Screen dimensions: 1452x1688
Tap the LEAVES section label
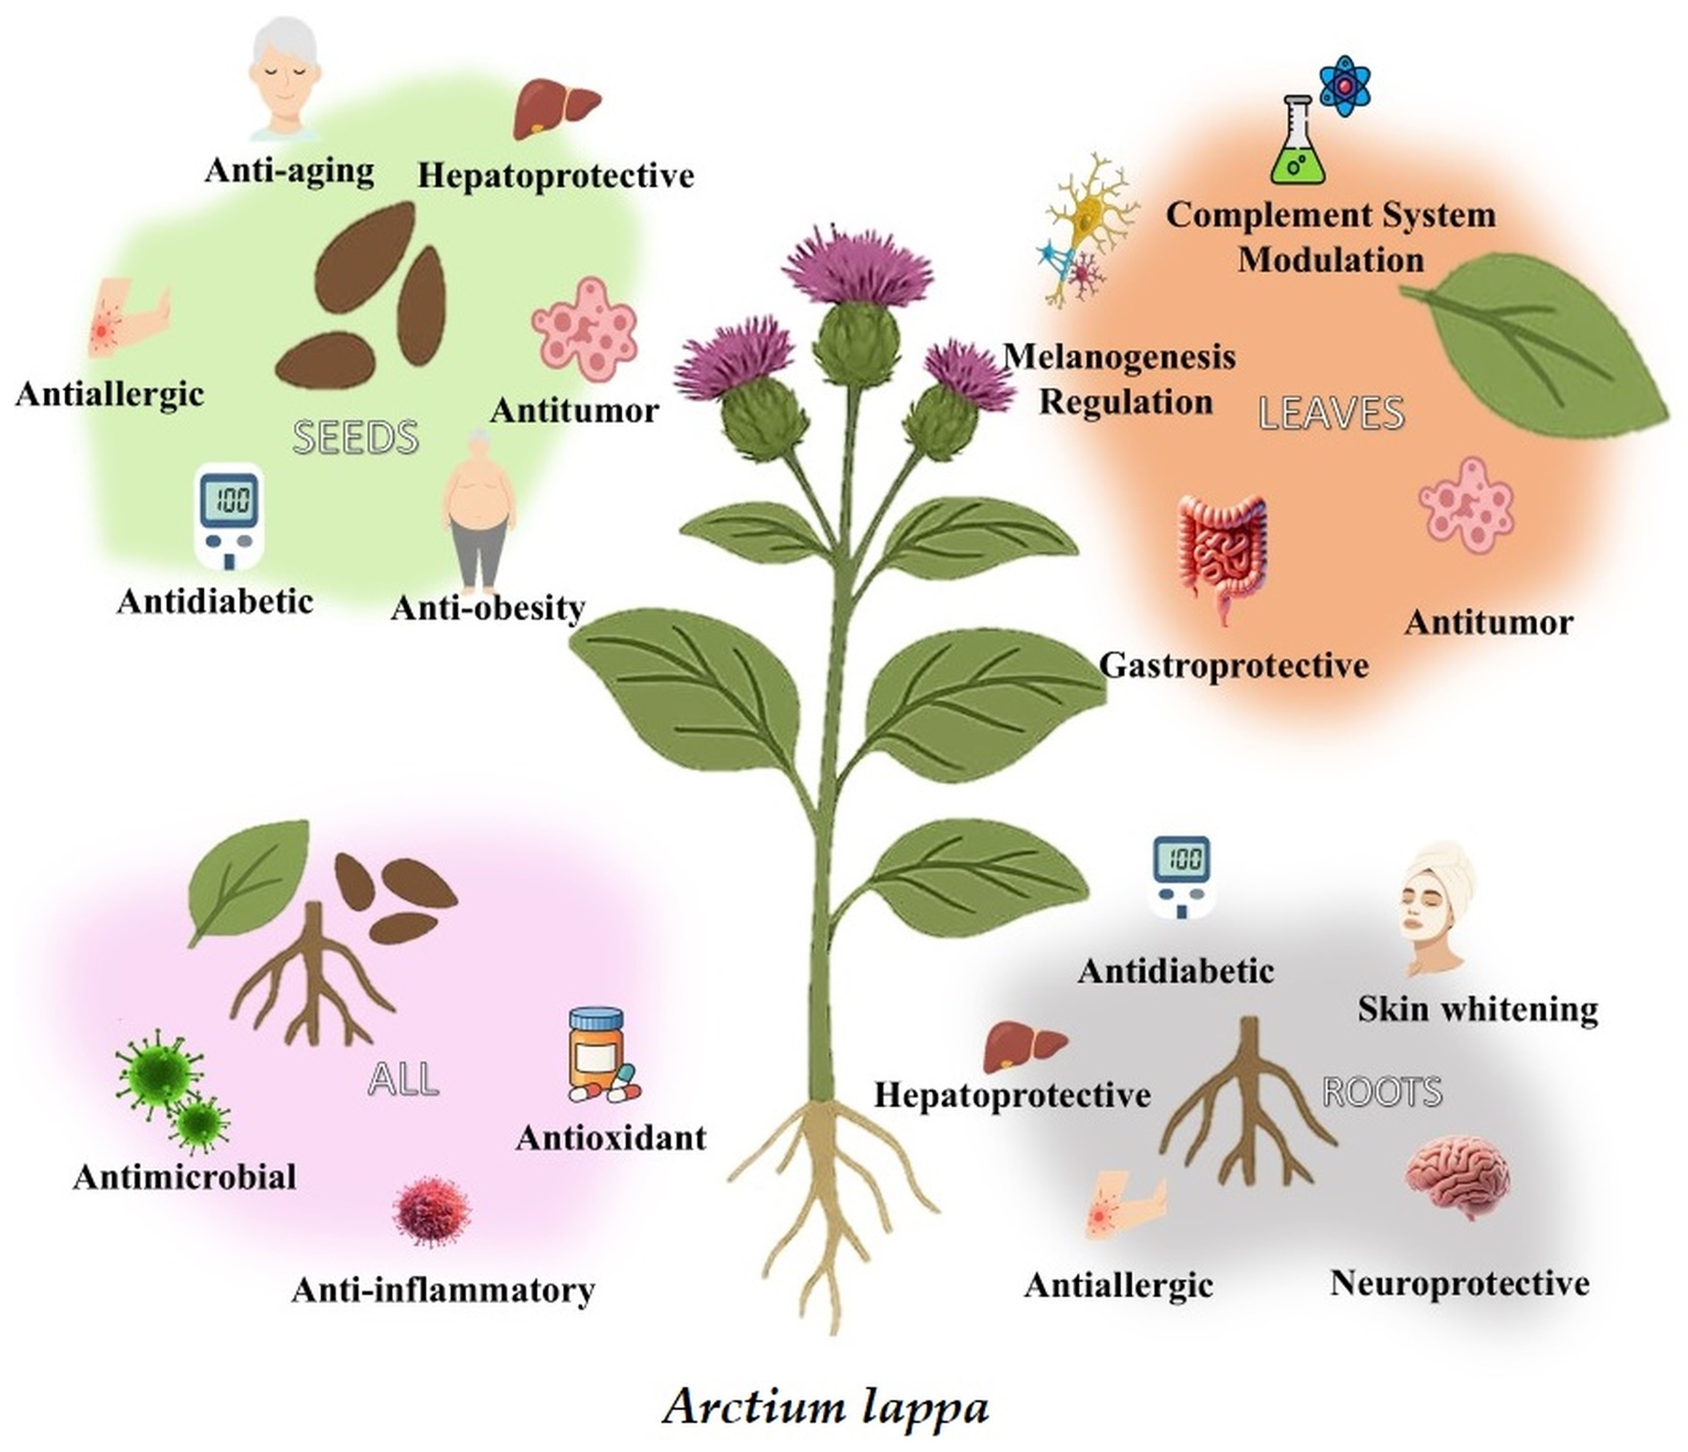click(x=1331, y=413)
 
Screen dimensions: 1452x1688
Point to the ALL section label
click(x=403, y=1079)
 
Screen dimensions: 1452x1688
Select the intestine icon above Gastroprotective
click(x=1222, y=554)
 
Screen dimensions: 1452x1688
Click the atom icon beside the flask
click(x=1344, y=86)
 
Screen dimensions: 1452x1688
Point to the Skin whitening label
click(x=1478, y=1010)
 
